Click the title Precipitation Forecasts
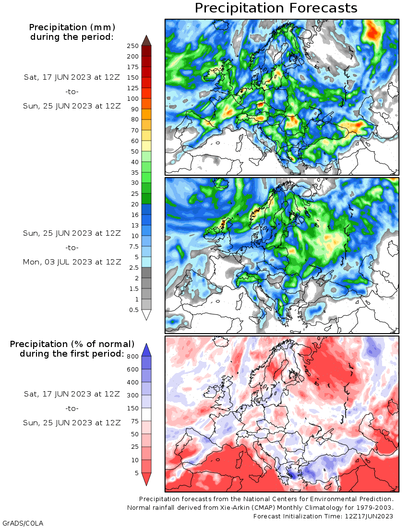(276, 8)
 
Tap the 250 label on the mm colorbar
(132, 46)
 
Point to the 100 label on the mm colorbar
(132, 98)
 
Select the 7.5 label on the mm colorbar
(133, 246)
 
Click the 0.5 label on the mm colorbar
(133, 310)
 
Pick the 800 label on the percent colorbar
(132, 356)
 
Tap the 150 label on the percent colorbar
(132, 408)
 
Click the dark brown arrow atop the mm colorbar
(146, 40)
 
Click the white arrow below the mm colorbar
(146, 315)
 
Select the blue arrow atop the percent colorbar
(146, 350)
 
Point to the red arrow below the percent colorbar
(146, 479)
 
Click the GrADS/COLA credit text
(23, 523)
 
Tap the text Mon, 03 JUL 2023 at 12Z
(72, 262)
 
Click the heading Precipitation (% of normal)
(72, 344)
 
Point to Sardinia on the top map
(239, 146)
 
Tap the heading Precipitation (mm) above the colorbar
(72, 27)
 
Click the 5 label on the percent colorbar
(137, 473)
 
